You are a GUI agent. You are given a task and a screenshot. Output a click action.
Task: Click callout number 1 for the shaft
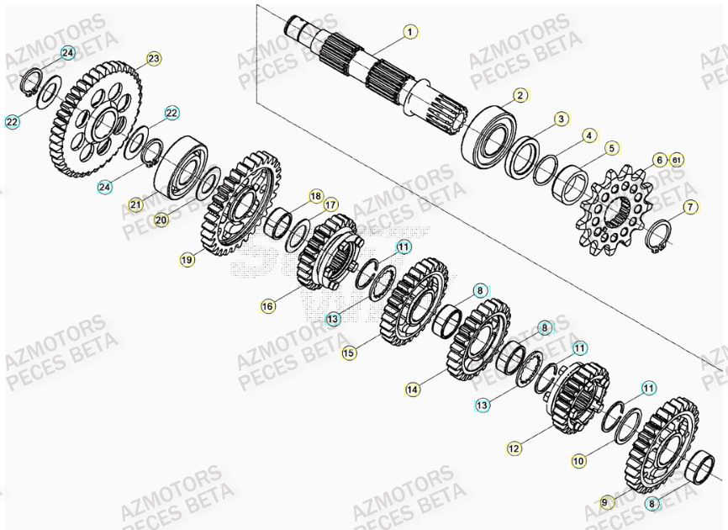(409, 33)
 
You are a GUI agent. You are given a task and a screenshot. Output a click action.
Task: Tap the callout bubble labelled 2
(520, 96)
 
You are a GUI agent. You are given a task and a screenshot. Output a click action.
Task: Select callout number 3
(561, 119)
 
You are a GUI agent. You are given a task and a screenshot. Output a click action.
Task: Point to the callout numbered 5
(611, 148)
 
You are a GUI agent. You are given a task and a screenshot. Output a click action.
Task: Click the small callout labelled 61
(677, 159)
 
